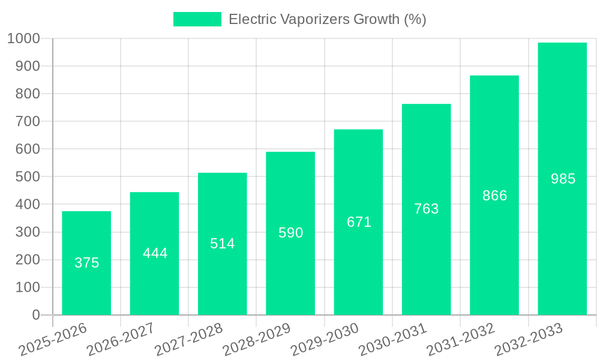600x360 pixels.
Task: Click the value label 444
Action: [155, 253]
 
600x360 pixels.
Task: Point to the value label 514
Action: [223, 244]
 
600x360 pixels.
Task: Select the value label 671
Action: [359, 222]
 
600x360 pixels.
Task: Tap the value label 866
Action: [494, 196]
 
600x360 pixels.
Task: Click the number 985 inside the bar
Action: [563, 179]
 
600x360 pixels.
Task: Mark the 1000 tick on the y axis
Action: [23, 39]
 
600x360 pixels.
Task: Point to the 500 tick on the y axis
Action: [28, 177]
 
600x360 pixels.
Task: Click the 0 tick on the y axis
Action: [36, 315]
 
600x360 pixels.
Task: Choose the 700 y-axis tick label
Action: [28, 122]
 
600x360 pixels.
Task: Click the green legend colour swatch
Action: [197, 19]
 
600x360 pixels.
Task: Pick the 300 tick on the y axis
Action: [28, 232]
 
